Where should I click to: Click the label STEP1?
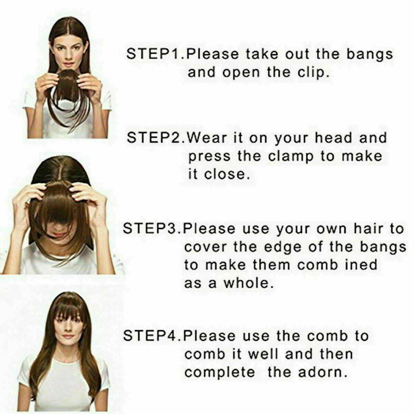click(156, 54)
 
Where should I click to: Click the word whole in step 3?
click(249, 283)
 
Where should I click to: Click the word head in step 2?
click(333, 138)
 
